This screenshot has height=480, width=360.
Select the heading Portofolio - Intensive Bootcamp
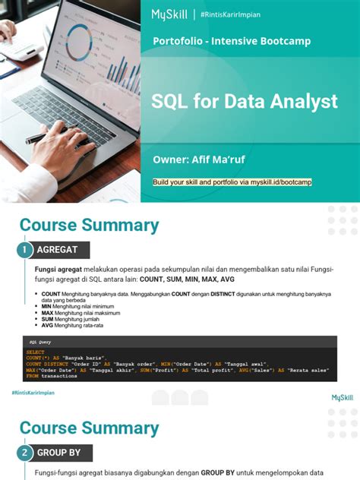coord(232,41)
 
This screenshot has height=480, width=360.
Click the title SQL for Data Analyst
coord(245,100)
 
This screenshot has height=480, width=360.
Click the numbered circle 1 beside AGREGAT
coord(24,249)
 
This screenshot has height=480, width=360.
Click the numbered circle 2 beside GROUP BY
coord(24,453)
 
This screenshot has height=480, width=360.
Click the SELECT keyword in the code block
coord(36,352)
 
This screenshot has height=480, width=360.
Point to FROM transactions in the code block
coord(49,375)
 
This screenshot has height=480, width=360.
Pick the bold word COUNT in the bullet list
coord(51,293)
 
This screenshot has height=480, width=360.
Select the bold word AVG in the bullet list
coord(47,325)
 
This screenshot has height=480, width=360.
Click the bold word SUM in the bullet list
coord(48,319)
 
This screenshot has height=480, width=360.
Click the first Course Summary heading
coord(89,225)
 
